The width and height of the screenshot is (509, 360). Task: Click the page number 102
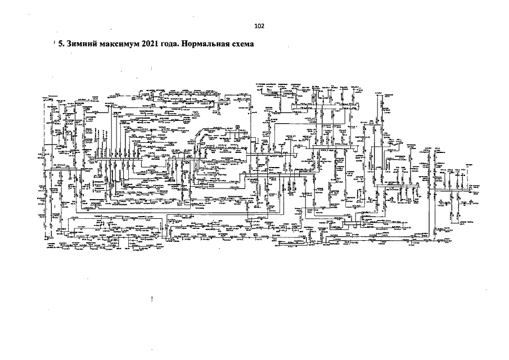click(259, 26)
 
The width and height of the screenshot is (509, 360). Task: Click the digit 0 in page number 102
click(259, 26)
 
